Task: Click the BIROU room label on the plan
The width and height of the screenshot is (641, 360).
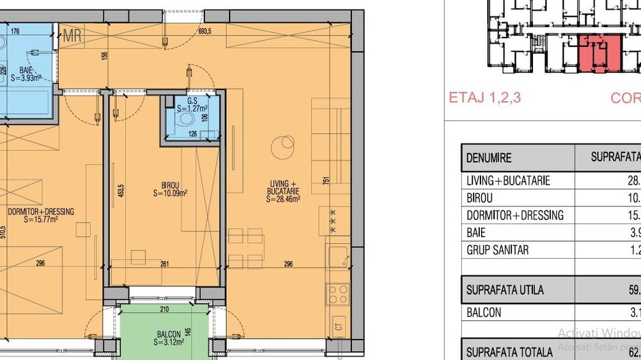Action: tap(170, 185)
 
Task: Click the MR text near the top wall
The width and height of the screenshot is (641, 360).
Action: tap(72, 37)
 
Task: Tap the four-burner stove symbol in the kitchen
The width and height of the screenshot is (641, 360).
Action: tap(338, 294)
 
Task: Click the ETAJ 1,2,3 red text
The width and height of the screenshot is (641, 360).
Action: tap(485, 97)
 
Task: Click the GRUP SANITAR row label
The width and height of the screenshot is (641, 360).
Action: tap(497, 250)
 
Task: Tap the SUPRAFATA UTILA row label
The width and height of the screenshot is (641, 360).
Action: tap(505, 290)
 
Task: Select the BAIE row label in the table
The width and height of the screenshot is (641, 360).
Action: tap(476, 232)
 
